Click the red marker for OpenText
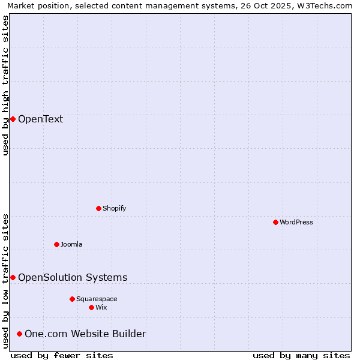coord(13,119)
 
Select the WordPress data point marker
coord(275,222)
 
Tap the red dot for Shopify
coord(98,208)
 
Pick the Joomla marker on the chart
coord(56,244)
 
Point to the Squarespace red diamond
coord(72,299)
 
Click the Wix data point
coord(91,307)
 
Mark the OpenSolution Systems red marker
coord(13,277)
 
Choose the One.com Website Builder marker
coord(19,334)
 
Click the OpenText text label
coord(40,119)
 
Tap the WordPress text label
coord(296,222)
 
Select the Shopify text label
coord(114,208)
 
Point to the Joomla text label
coord(71,244)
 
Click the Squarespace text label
coord(97,299)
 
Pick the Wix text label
coord(101,307)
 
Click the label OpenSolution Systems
coord(73,277)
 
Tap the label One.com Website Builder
coord(85,334)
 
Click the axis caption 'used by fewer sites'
coord(62,355)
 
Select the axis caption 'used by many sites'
coord(301,355)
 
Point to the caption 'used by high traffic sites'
coord(5,85)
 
